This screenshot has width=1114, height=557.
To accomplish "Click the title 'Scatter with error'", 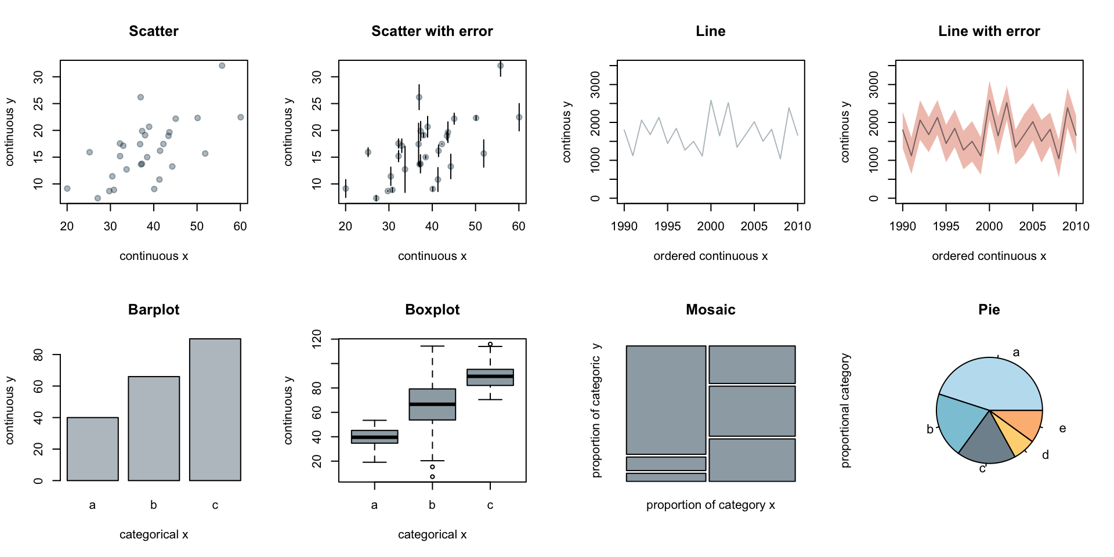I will point(432,31).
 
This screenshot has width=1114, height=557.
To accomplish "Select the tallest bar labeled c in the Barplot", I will point(215,410).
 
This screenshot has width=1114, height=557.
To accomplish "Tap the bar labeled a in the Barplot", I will point(93,449).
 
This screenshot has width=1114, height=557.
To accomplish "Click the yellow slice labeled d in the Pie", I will point(1016,439).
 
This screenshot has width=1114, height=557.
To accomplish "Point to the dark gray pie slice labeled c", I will point(986,444).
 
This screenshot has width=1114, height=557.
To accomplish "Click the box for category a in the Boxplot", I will point(374,437).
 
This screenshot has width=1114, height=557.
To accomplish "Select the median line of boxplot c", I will point(490,376).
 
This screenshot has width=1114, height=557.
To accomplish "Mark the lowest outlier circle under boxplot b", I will point(432,476).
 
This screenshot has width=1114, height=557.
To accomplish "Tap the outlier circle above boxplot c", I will point(490,344).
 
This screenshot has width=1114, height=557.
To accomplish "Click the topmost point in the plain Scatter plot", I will point(222,66).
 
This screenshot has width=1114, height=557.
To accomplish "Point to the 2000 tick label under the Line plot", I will point(711,226).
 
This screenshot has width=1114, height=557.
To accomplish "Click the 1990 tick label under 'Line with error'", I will point(902,226).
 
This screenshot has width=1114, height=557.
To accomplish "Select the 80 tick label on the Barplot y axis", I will point(38,355).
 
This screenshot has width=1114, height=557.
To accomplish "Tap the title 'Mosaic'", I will point(710,310).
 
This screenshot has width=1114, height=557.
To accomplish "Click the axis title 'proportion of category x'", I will point(710,505).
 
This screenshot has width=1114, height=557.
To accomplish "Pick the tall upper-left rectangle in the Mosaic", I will point(666,400).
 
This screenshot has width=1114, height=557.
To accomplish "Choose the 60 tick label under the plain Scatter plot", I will point(240,226).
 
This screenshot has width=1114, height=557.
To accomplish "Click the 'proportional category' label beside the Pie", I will point(845,410).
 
